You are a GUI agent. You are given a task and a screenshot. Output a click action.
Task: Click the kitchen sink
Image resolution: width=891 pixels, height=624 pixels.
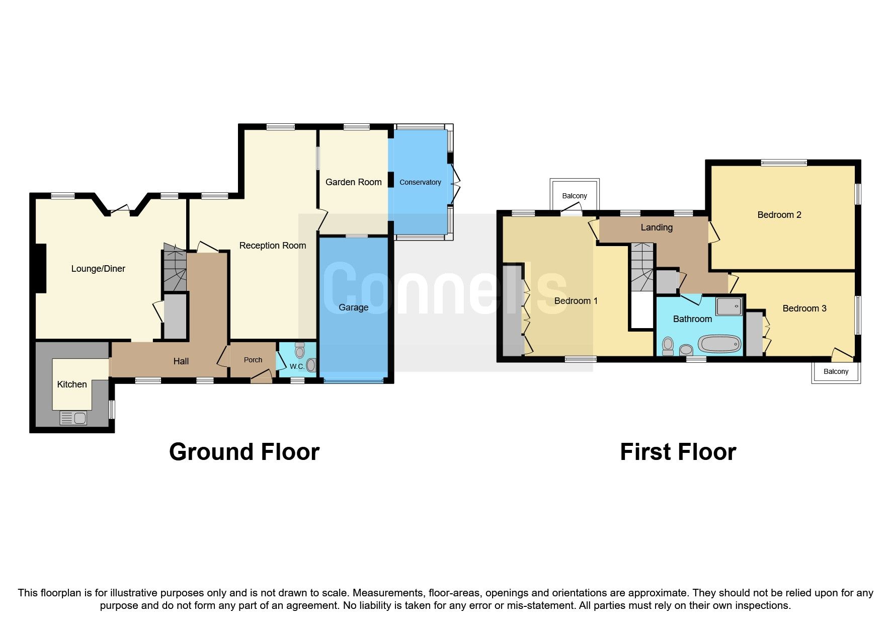(x=73, y=418)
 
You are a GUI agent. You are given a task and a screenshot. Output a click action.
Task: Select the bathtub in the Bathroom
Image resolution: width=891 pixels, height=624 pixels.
(x=719, y=345)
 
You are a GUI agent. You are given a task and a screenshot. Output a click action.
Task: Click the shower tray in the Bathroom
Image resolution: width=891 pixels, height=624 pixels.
(x=728, y=306)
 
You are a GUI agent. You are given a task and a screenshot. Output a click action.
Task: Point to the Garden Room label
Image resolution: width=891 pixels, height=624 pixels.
(x=353, y=182)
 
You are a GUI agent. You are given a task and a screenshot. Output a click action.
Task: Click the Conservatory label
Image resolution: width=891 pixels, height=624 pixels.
(x=420, y=182)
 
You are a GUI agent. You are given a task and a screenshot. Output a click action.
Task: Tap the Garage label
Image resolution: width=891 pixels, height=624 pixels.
(x=353, y=307)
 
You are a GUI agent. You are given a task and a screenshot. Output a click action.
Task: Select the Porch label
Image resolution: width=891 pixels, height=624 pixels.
(x=253, y=360)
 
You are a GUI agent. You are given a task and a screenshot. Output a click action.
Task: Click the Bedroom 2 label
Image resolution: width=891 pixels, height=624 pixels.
(x=779, y=215)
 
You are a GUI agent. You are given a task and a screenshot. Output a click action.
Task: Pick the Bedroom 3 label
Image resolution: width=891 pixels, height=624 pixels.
(x=804, y=308)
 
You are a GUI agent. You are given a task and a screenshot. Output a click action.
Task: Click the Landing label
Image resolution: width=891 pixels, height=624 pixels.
(x=656, y=227)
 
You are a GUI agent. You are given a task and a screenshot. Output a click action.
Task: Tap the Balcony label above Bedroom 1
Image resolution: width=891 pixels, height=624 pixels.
(x=574, y=196)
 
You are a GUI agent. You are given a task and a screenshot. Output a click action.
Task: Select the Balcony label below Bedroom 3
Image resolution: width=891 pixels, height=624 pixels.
(x=836, y=371)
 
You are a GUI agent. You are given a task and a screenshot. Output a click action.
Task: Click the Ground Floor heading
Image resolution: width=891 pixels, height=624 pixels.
(x=244, y=452)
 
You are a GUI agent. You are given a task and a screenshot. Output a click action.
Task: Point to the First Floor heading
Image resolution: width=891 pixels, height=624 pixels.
(x=678, y=452)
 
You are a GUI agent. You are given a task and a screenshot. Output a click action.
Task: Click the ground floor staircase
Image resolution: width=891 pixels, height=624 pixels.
(x=174, y=269)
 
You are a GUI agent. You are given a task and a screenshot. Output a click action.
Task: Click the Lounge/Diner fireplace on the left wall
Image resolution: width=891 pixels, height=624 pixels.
(x=41, y=268)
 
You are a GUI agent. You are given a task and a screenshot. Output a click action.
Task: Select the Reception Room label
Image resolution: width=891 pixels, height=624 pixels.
(x=272, y=246)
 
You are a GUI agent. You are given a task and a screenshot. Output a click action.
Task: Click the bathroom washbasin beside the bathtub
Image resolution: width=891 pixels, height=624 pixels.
(x=686, y=350)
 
